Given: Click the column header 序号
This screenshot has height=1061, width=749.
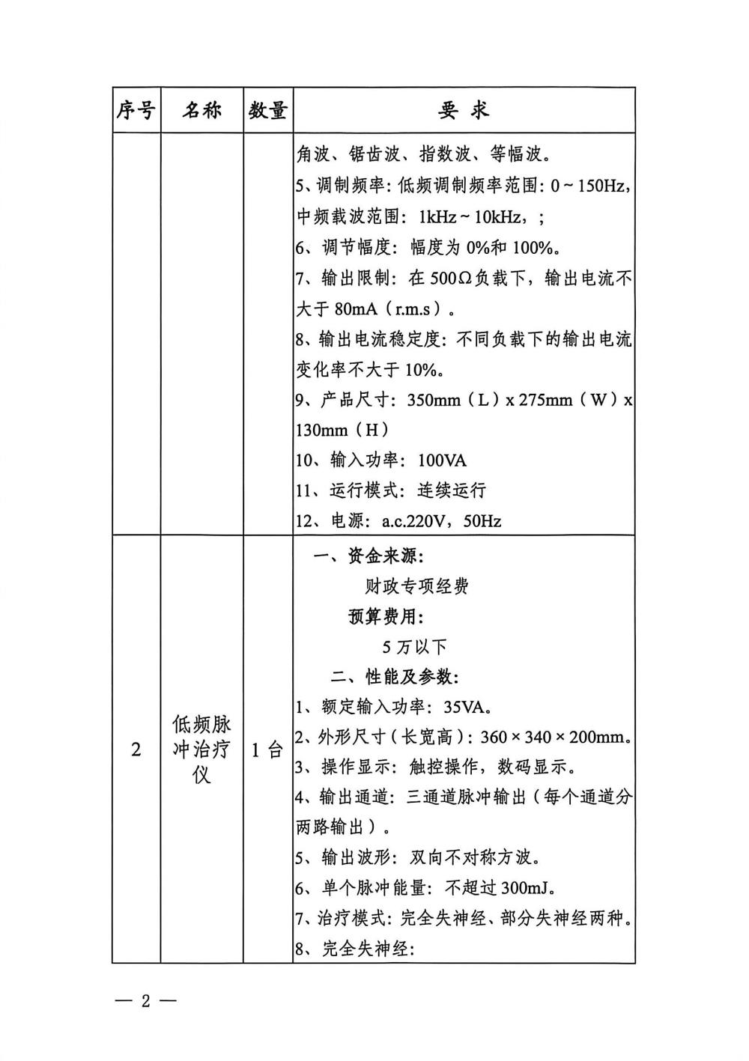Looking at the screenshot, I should [x=136, y=111].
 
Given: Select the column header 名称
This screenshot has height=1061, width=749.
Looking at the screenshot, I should [x=201, y=111].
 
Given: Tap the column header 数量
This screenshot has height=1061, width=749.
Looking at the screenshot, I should [x=267, y=111].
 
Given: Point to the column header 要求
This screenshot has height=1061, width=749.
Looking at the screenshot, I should [x=463, y=111].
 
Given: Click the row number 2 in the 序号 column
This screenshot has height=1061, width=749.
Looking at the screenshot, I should [x=136, y=750].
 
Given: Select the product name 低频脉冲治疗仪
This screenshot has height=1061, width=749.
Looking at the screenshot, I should [x=201, y=750].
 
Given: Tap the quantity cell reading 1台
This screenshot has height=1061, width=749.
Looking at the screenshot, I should [x=267, y=750].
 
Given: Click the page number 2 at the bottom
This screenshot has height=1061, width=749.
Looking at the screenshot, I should [x=147, y=1001].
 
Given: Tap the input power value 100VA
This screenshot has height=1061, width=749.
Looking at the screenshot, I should [x=442, y=460].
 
